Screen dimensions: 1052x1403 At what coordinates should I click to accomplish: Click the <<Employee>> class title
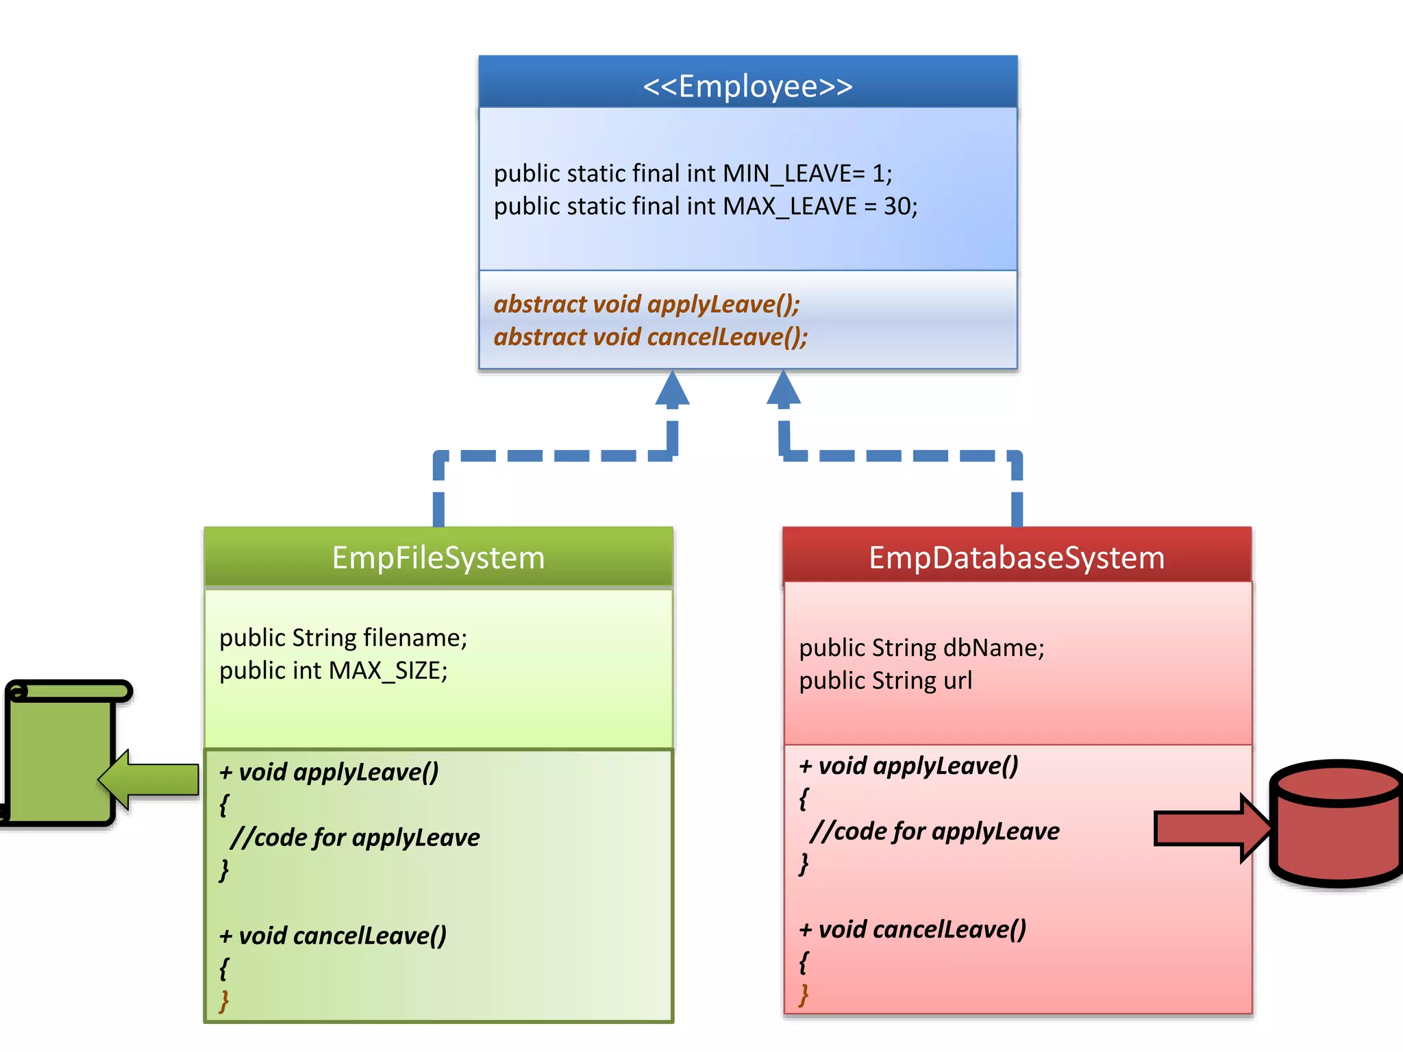pyautogui.click(x=747, y=86)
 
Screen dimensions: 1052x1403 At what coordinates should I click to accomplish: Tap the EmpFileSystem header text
pyautogui.click(x=438, y=558)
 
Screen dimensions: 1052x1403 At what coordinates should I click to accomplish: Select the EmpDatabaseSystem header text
pyautogui.click(x=1017, y=558)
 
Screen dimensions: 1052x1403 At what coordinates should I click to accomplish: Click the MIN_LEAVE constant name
pyautogui.click(x=787, y=174)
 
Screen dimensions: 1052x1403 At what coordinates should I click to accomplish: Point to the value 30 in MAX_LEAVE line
pyautogui.click(x=897, y=206)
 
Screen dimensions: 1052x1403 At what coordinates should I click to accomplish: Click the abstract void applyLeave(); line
pyautogui.click(x=646, y=304)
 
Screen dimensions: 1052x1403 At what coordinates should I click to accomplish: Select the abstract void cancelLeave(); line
pyautogui.click(x=650, y=337)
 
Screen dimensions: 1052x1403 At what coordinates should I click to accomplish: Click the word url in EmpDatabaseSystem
pyautogui.click(x=958, y=681)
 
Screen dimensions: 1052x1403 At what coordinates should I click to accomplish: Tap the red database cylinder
pyautogui.click(x=1336, y=825)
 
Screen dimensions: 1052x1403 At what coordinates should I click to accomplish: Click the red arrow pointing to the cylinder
pyautogui.click(x=1209, y=829)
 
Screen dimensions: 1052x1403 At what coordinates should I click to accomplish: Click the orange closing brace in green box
pyautogui.click(x=223, y=1001)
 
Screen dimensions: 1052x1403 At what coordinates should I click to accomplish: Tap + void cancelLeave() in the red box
pyautogui.click(x=912, y=929)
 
